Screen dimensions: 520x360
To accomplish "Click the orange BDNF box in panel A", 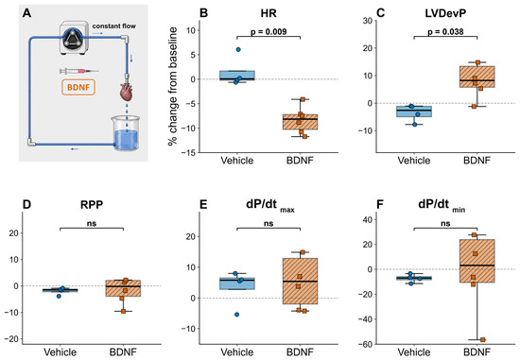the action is pos(78,87).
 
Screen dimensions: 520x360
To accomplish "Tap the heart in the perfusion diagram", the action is pos(126,92).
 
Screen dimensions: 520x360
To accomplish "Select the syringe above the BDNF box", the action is pos(78,71).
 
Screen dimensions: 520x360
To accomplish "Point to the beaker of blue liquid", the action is pos(126,133).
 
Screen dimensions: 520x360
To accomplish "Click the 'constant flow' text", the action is pos(113,26).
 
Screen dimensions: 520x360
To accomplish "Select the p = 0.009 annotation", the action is pos(269,31).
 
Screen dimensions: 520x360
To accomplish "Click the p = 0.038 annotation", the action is pos(445,31).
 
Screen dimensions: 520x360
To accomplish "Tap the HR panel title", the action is pos(269,13).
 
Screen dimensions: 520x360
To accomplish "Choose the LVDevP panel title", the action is pos(445,13).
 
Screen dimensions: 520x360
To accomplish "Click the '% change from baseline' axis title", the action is pos(173,87).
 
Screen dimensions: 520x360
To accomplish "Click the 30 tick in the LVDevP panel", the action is pos(367,21).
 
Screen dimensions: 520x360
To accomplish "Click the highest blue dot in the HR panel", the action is pos(238,49).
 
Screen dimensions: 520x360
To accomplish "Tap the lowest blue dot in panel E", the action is pos(236,315).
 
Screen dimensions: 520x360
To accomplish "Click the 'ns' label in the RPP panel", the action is pos(92,223).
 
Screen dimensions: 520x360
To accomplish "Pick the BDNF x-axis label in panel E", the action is pos(300,351).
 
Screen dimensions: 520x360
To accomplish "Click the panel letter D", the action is pos(26,204).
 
